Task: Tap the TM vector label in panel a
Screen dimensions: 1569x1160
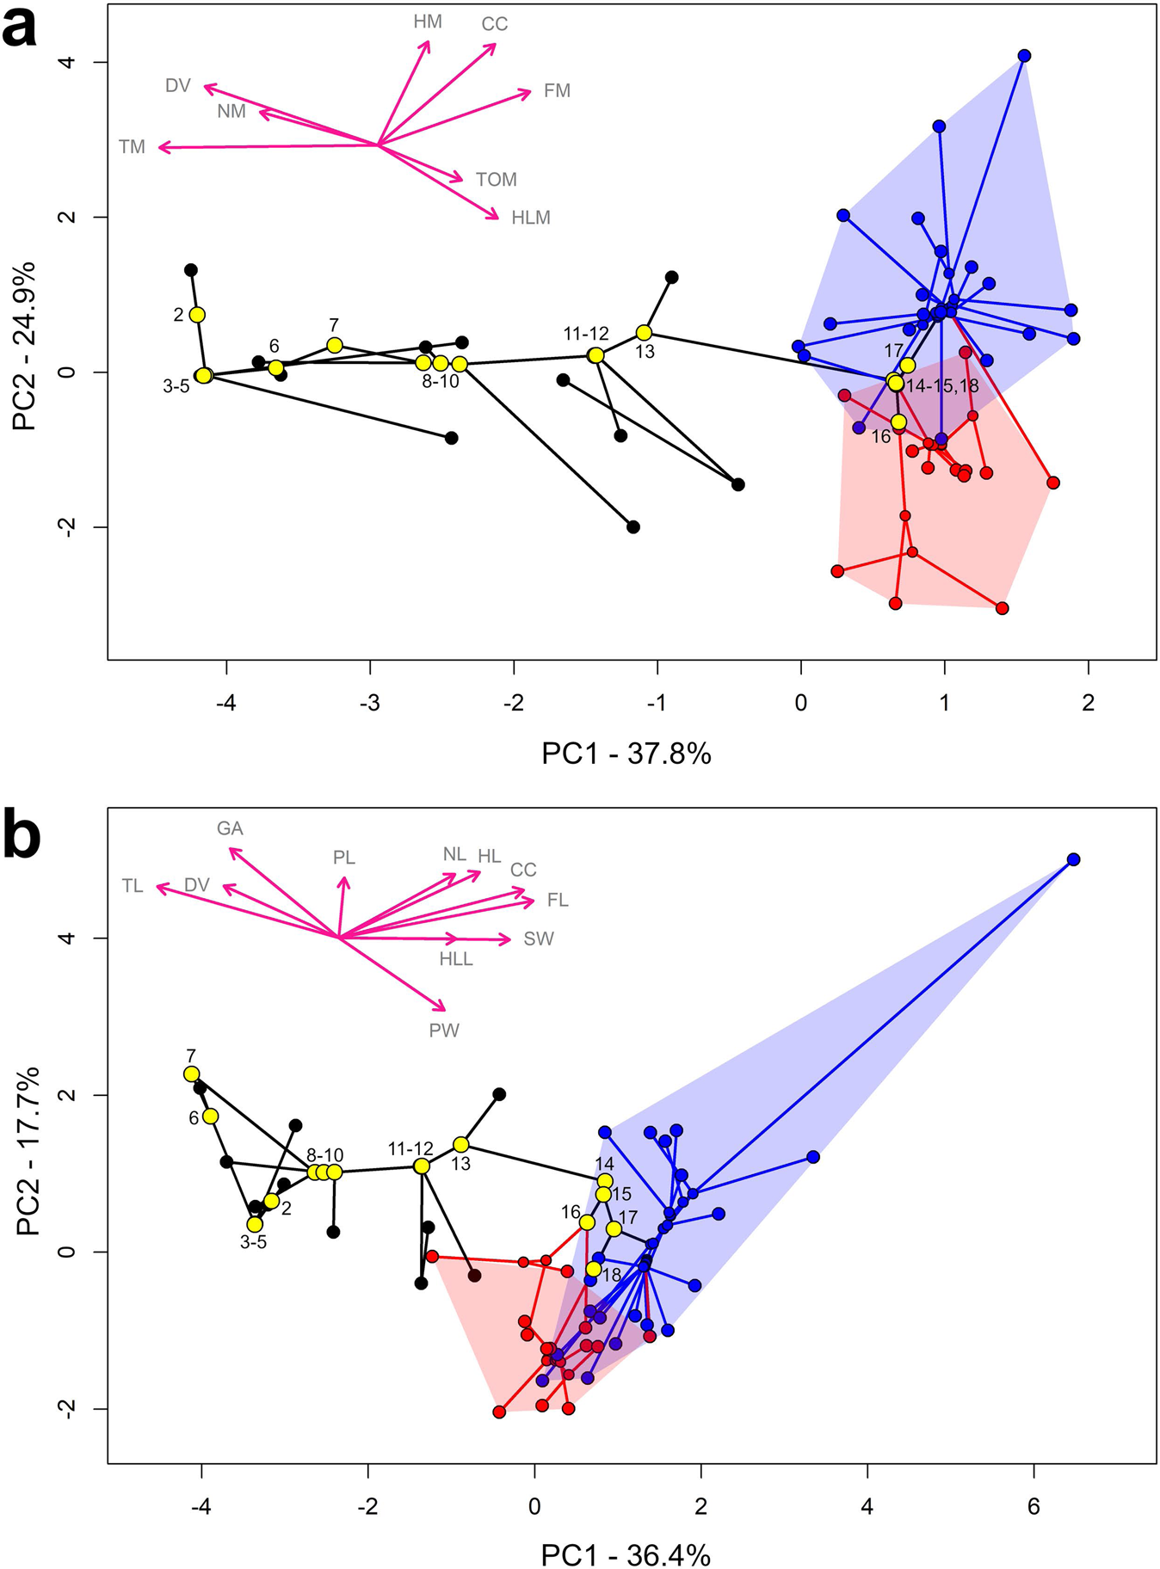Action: point(132,147)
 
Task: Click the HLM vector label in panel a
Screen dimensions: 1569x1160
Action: point(530,218)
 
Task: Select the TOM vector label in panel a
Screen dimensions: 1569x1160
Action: point(497,180)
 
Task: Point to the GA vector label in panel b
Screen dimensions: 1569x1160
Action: point(230,828)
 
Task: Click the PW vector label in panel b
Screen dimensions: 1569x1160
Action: point(444,1030)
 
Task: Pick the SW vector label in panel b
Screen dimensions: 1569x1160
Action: point(539,938)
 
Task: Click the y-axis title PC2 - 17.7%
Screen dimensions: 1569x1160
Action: point(28,1150)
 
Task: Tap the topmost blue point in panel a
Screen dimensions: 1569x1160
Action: point(1024,56)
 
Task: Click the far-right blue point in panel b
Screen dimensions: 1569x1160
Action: point(1073,859)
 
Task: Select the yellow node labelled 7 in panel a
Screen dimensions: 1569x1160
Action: point(335,345)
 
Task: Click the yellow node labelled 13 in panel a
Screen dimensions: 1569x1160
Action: point(644,333)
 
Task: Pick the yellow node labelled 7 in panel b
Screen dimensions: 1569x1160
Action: point(191,1074)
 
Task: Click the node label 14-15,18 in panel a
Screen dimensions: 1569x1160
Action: point(942,386)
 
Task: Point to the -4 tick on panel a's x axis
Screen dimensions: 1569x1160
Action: point(226,703)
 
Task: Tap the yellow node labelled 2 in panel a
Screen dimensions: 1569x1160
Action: point(197,315)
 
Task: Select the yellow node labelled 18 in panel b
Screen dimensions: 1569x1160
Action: point(593,1269)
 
